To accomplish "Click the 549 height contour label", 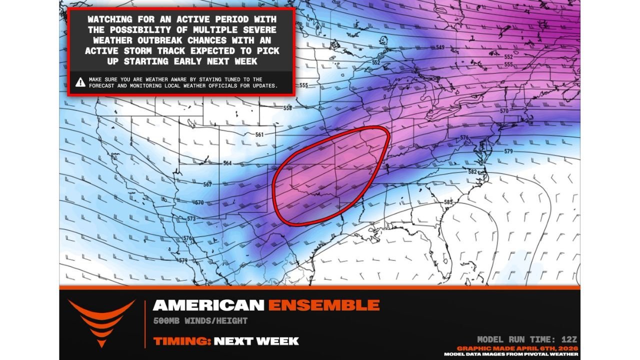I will [x=440, y=47].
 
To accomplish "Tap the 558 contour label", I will [x=287, y=108].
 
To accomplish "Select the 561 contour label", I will [x=259, y=134].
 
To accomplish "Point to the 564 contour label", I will [x=227, y=163].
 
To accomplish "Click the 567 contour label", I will [x=207, y=184].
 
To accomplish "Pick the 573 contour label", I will [x=191, y=219].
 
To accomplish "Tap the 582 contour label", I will [x=472, y=171].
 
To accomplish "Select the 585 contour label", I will [x=448, y=202].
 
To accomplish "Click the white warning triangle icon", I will [x=80, y=82].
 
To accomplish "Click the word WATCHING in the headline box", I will [x=109, y=19].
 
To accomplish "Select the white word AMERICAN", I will [x=208, y=304].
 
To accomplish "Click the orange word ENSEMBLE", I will [x=323, y=304].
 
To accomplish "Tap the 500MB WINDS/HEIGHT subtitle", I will [x=200, y=321].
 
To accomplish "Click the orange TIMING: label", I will [x=181, y=341].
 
